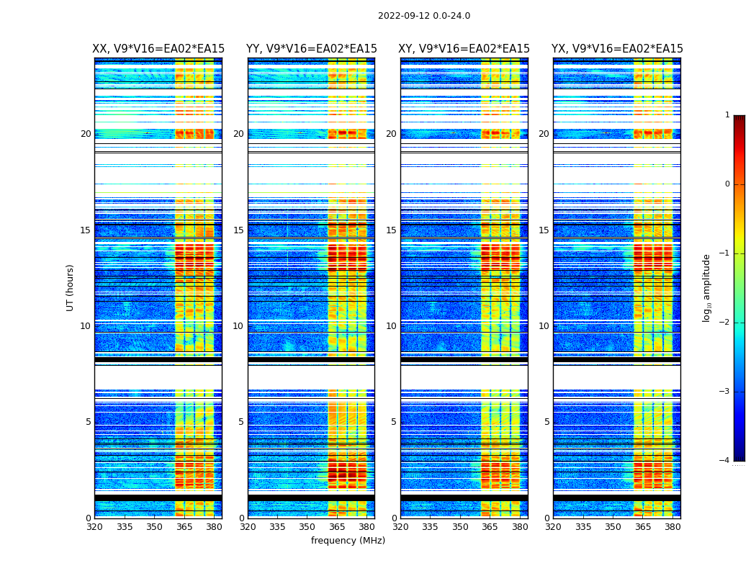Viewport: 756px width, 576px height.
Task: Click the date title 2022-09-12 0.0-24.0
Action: (x=424, y=16)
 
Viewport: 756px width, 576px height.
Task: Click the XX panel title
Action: (x=158, y=49)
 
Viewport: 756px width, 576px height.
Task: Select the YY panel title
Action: (x=312, y=49)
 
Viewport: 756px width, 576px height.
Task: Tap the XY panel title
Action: (x=464, y=49)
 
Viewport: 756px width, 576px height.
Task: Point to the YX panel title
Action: (x=617, y=49)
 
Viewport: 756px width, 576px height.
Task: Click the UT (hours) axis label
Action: (x=71, y=287)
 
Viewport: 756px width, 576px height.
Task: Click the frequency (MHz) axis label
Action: (x=348, y=541)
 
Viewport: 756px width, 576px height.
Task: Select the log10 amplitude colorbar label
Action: (x=707, y=287)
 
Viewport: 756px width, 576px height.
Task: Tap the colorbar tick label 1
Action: (x=727, y=115)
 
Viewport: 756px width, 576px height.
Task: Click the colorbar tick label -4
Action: (x=725, y=461)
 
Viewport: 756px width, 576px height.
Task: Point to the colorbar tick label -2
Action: (x=725, y=323)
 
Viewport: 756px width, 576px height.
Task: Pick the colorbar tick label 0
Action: (x=727, y=184)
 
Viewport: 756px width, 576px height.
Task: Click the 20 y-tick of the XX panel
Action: (x=86, y=134)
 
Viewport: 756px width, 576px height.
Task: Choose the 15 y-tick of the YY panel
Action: (x=238, y=230)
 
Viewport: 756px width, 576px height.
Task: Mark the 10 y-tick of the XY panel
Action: (x=391, y=326)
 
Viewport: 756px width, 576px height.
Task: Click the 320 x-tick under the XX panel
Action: (x=94, y=527)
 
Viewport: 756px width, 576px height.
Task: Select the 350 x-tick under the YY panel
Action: (x=307, y=527)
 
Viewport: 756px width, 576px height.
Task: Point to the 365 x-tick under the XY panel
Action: (x=490, y=527)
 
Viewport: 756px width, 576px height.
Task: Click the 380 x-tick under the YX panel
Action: (x=672, y=527)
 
